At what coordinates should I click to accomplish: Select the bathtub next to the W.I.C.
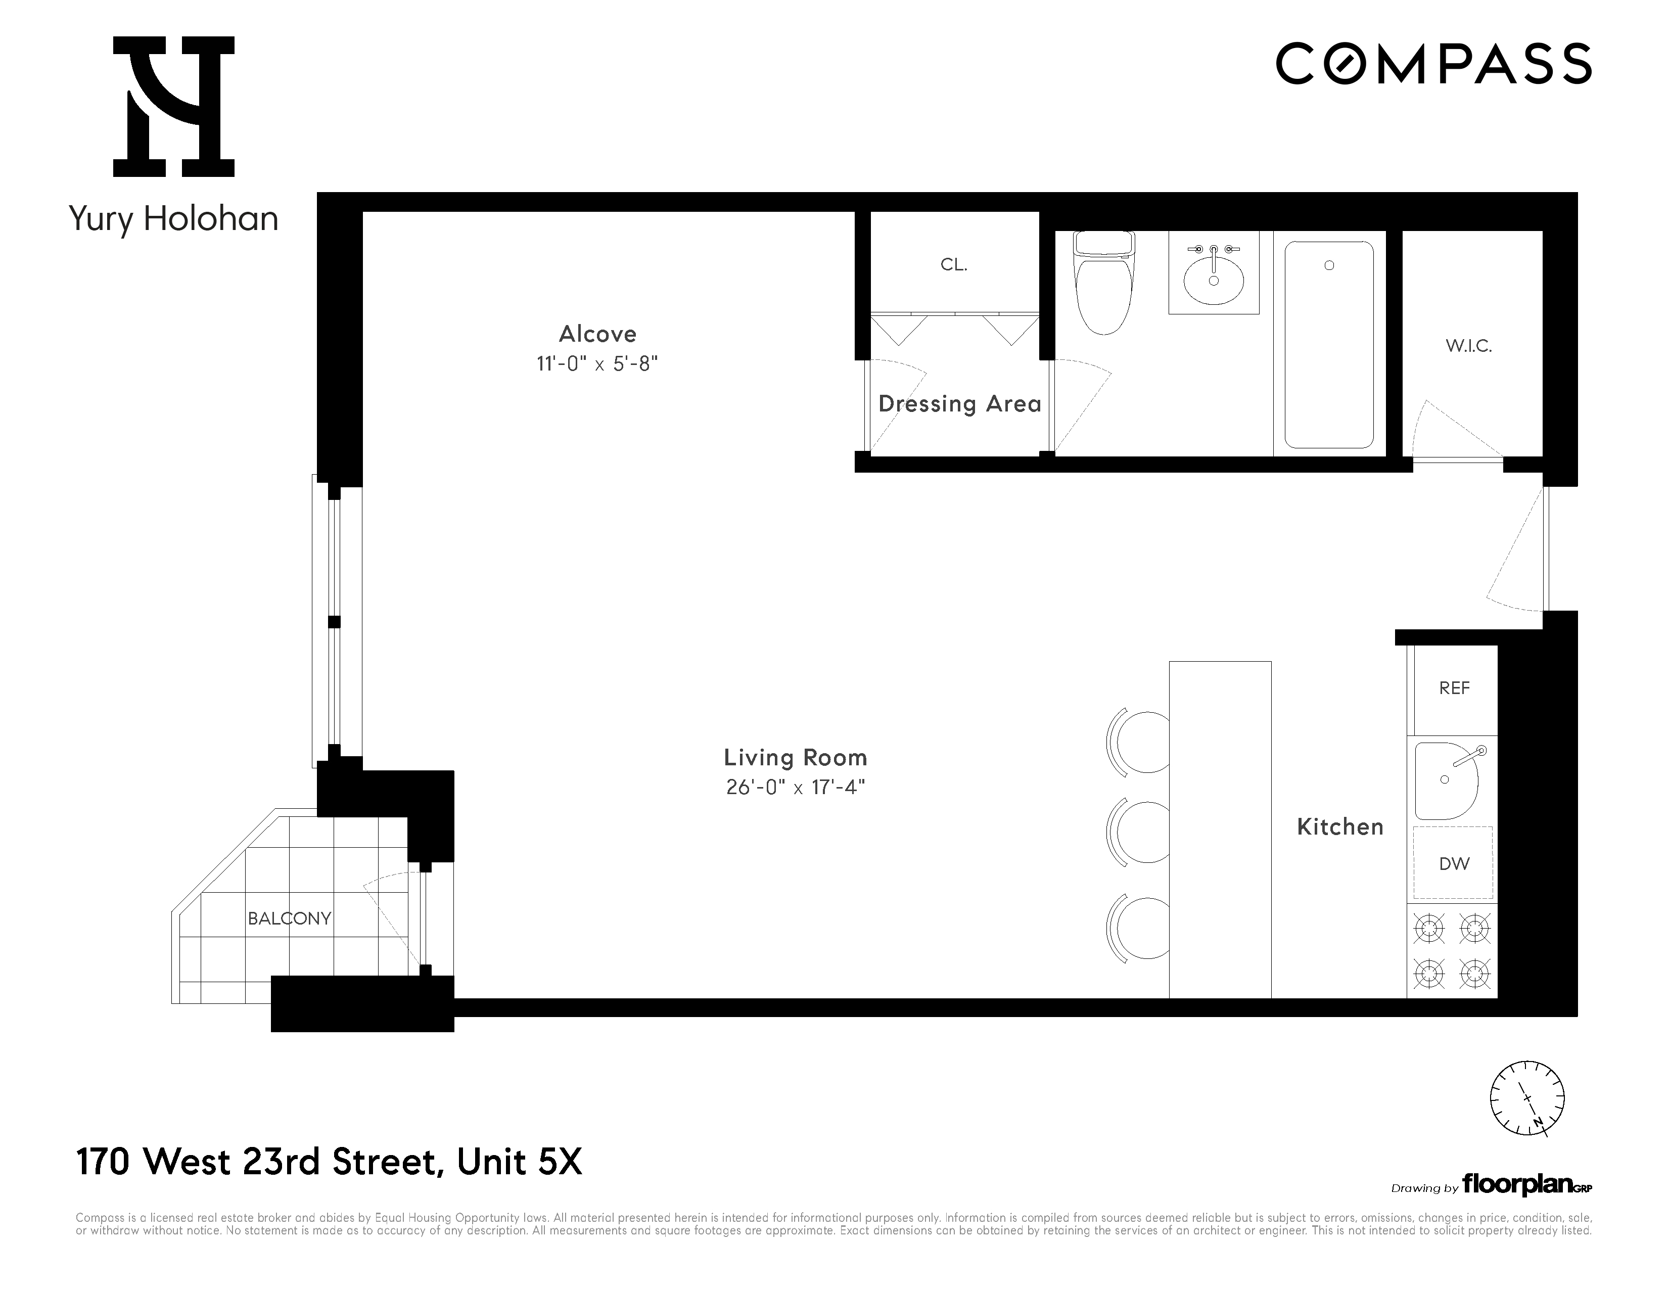point(1329,345)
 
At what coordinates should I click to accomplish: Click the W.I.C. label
point(1468,346)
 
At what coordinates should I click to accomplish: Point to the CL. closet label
point(954,265)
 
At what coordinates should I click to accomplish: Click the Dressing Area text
point(959,404)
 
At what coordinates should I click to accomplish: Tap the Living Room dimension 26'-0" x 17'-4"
point(795,787)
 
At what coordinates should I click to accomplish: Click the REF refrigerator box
point(1453,689)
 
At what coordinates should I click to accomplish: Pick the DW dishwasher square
point(1453,864)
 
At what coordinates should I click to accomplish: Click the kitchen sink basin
point(1446,780)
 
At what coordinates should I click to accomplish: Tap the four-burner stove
point(1452,951)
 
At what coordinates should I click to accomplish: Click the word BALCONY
point(290,918)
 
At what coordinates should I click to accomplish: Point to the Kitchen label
point(1339,827)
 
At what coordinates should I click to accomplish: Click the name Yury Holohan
point(173,219)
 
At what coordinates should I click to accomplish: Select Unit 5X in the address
point(519,1162)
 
